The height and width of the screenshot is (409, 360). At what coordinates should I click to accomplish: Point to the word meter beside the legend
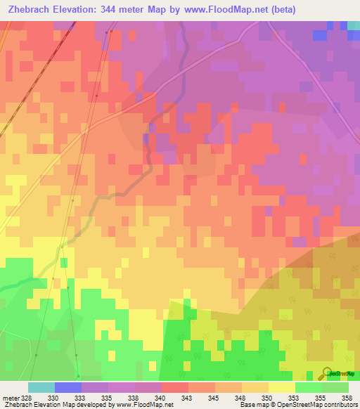tap(10, 397)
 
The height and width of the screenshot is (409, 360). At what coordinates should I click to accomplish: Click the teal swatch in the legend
tap(41, 387)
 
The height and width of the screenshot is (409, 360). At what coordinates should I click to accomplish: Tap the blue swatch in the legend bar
tap(67, 387)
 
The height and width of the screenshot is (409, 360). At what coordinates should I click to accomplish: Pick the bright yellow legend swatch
tap(281, 387)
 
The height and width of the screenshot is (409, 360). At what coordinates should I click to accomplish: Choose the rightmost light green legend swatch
tap(335, 387)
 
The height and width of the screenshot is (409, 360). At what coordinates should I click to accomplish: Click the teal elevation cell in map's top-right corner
tap(353, 25)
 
